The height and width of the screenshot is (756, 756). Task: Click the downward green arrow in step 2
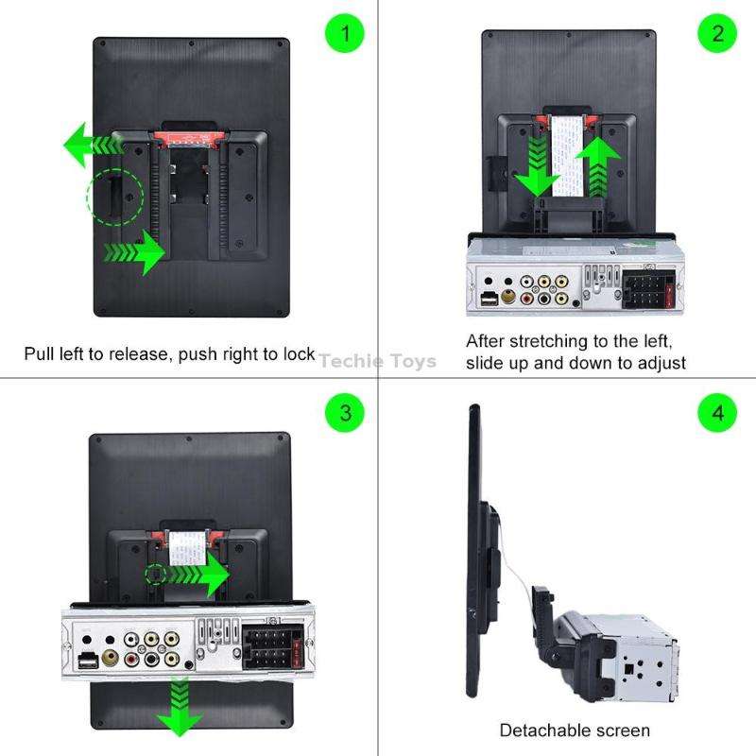pyautogui.click(x=538, y=164)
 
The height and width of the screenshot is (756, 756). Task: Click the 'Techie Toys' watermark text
pyautogui.click(x=377, y=360)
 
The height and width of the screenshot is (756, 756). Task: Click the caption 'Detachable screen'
pyautogui.click(x=575, y=730)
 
